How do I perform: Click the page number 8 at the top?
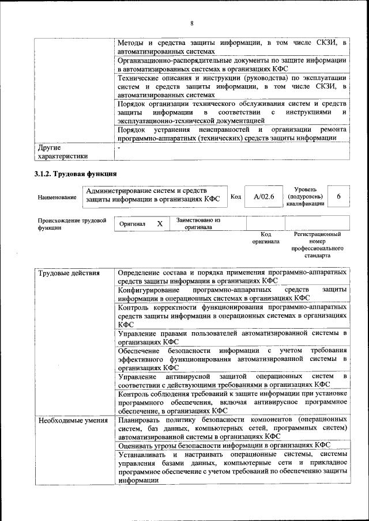coord(192,24)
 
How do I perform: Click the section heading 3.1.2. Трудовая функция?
coord(76,173)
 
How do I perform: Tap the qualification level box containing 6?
coord(339,197)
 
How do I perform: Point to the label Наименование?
coord(57,197)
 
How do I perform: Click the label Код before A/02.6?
coord(235,197)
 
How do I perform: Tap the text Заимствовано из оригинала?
coord(198,223)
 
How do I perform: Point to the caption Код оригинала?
coord(265,238)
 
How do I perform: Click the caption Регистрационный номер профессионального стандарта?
coord(317,245)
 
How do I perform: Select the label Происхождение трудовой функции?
coord(72,223)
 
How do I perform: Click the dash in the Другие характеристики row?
coord(119,148)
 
